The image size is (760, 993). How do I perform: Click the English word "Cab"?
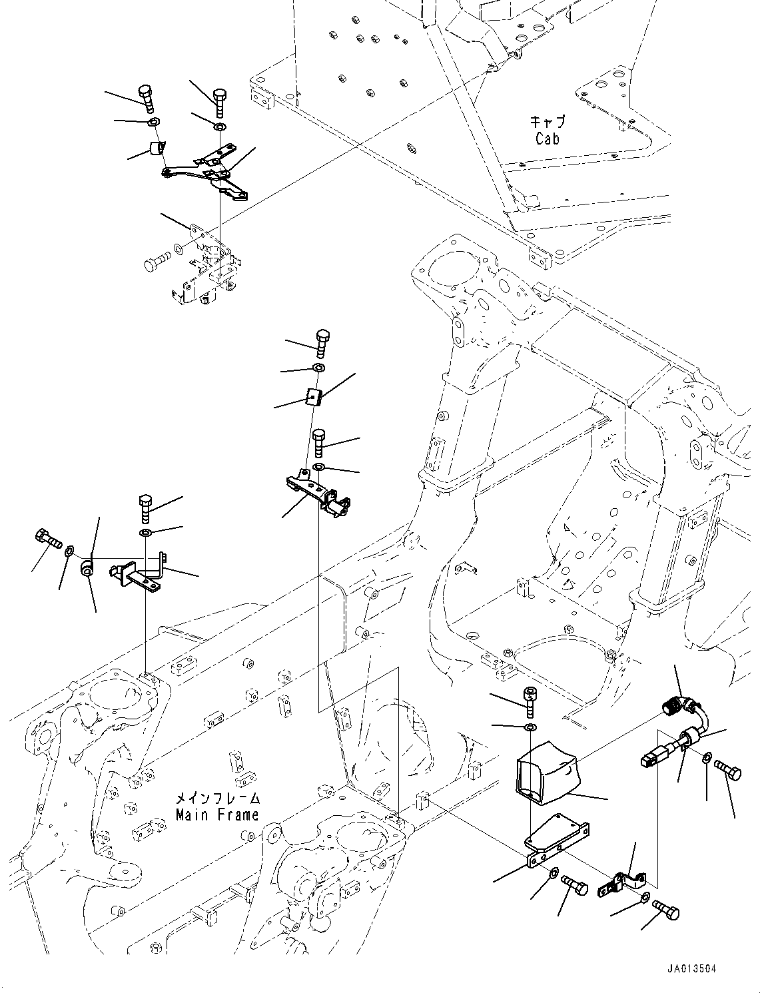tap(547, 139)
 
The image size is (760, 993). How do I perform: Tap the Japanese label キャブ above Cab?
tap(548, 122)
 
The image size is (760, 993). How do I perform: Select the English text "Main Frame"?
tap(216, 815)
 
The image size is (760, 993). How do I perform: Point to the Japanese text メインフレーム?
tap(216, 798)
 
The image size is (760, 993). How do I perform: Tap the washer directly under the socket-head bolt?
tap(529, 725)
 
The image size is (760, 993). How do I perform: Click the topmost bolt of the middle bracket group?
tap(322, 341)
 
